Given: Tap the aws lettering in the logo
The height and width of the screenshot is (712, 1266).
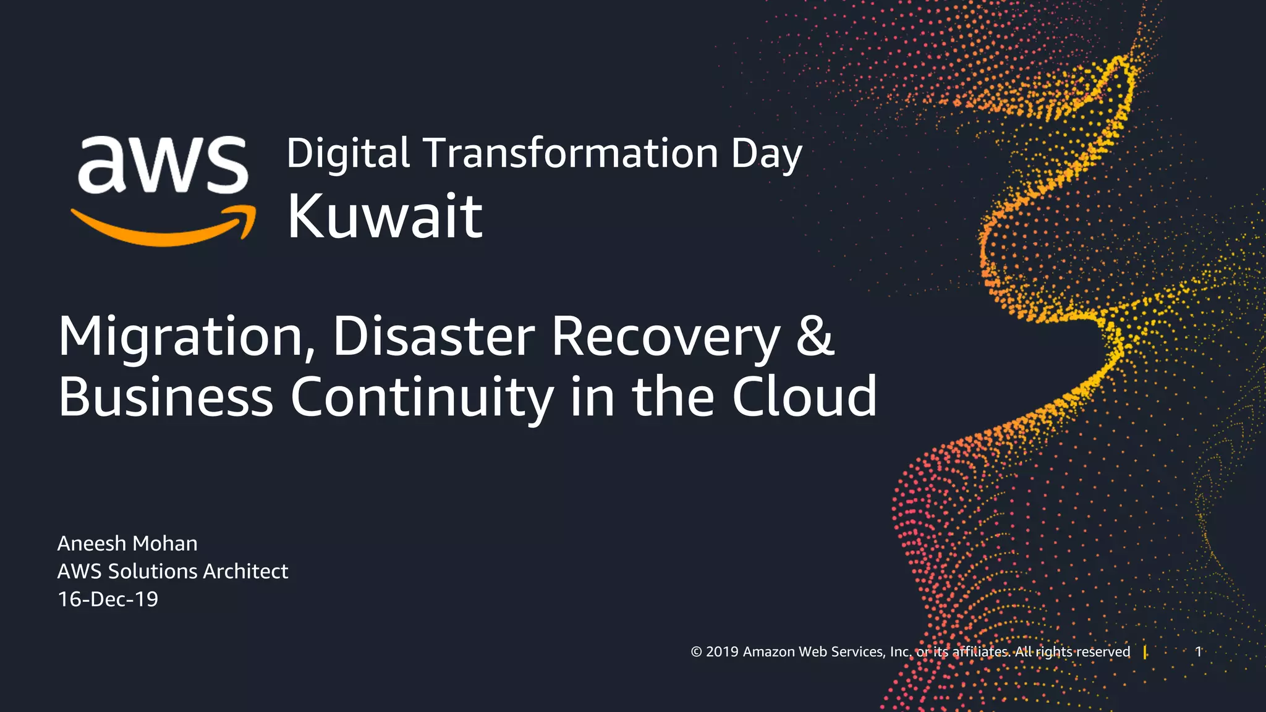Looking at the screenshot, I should click(162, 164).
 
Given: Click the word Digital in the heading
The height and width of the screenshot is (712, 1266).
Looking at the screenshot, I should click(348, 153).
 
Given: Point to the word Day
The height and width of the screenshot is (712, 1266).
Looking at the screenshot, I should click(767, 155).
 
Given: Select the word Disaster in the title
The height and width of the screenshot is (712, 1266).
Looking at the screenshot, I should click(433, 337).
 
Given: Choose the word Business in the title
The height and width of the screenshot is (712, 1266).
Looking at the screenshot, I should click(166, 397).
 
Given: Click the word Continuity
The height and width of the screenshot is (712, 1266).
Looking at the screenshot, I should click(422, 397).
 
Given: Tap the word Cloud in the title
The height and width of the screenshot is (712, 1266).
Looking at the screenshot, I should click(804, 397).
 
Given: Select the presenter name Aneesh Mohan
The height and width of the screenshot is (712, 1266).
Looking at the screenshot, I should click(127, 543).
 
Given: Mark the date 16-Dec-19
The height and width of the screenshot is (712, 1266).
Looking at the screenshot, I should click(108, 599).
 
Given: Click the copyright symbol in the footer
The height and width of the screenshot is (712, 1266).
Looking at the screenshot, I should click(696, 652).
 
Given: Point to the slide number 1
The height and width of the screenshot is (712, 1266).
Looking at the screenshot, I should click(1198, 651).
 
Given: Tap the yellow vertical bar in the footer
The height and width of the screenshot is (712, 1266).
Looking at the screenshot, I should click(1145, 652).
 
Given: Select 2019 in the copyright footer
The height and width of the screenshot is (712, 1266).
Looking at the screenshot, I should click(722, 652).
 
